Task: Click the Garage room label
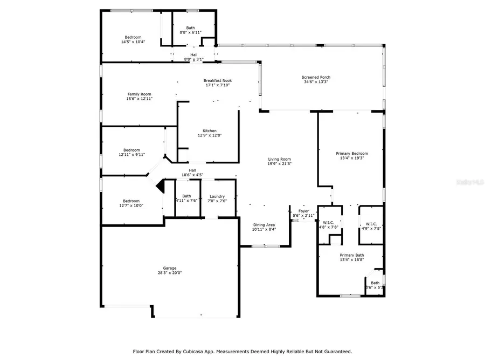(170, 268)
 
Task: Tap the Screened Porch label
(316, 77)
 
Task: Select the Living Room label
(280, 159)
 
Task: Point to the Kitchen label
(210, 131)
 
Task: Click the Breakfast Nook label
(218, 80)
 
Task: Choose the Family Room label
(140, 94)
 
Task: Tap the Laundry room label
(217, 196)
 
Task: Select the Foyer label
(303, 211)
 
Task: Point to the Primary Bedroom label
(351, 153)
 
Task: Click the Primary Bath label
(351, 255)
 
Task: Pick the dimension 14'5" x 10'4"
(133, 42)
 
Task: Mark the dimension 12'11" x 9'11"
(131, 155)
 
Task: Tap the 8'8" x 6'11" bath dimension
(191, 33)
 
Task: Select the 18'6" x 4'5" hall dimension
(192, 175)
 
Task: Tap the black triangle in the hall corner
(160, 186)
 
